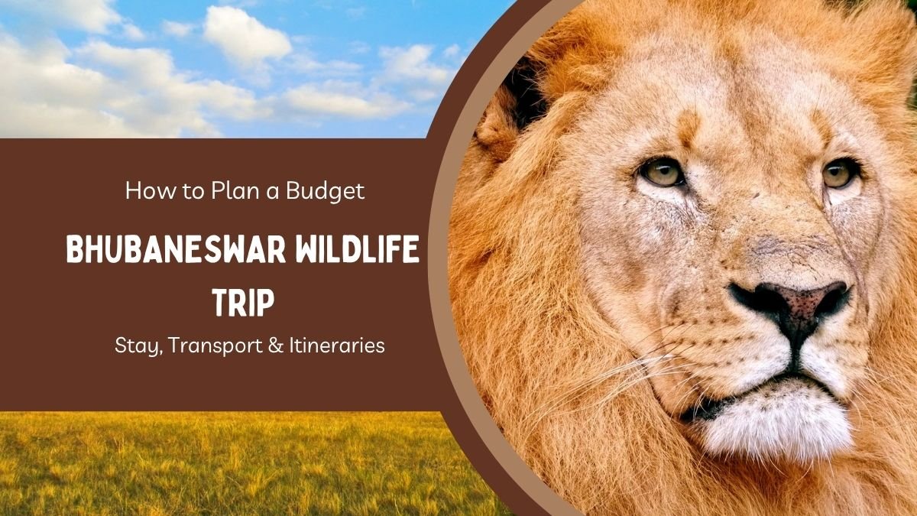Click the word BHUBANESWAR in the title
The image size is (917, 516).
176,249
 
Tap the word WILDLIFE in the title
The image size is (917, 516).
357,249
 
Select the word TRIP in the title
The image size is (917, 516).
243,303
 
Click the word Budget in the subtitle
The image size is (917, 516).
325,192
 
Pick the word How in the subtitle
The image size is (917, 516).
151,190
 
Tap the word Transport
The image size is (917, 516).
215,346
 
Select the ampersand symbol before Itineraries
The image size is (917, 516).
277,346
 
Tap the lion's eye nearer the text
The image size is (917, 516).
661,173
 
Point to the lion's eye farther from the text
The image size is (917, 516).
839,174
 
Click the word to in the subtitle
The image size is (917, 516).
193,192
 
